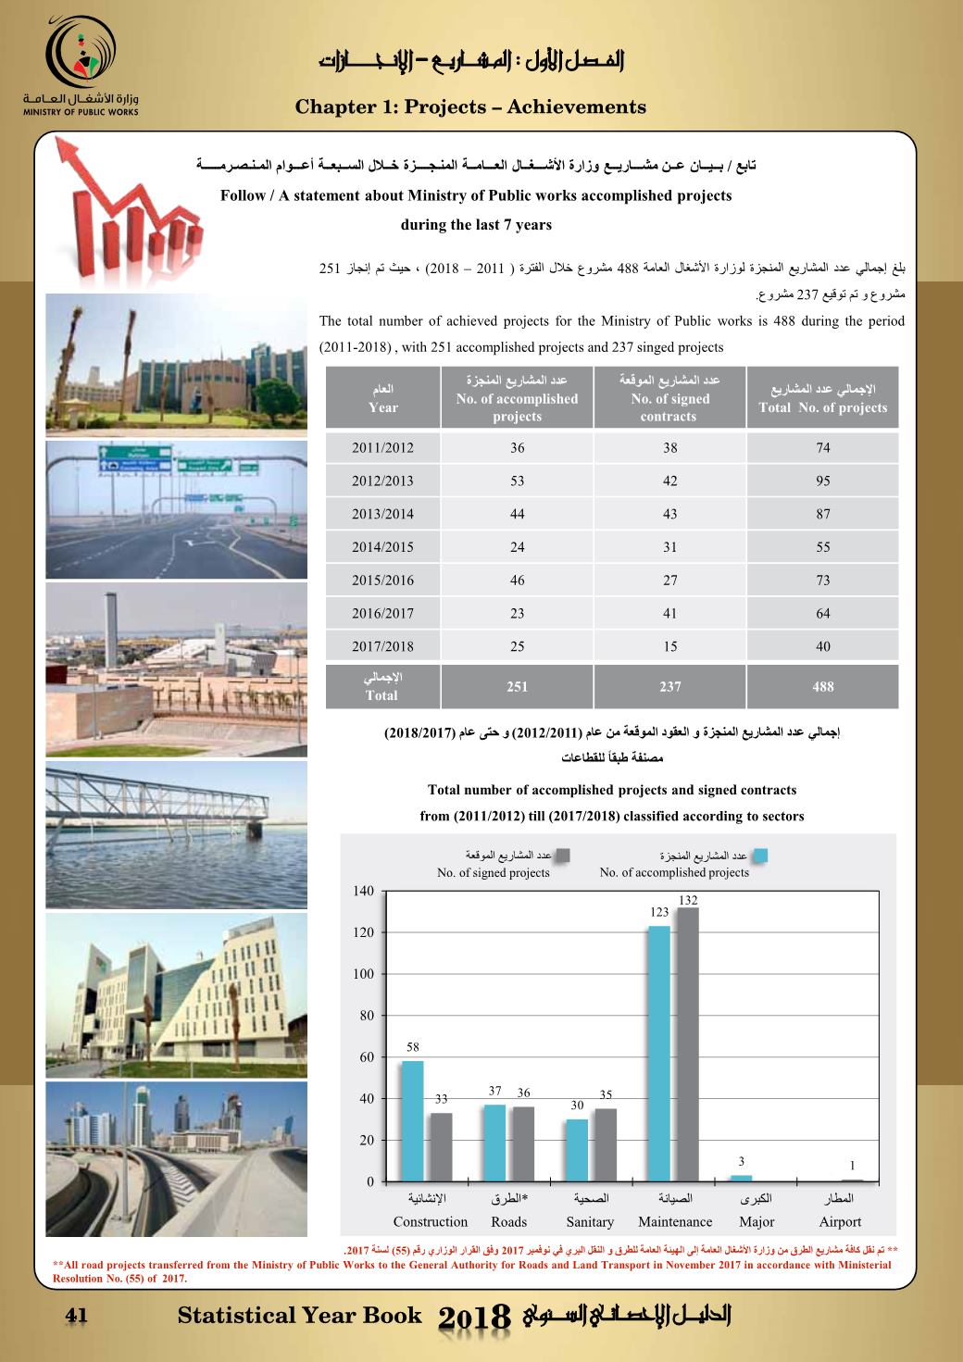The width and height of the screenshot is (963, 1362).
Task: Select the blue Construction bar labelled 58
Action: (x=412, y=1120)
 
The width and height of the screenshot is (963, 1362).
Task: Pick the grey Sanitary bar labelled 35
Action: (x=606, y=1144)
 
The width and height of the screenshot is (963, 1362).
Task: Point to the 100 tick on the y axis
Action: (x=364, y=974)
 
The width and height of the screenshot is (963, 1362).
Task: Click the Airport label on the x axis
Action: (x=840, y=1222)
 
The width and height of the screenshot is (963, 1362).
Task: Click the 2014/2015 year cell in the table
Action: (x=382, y=547)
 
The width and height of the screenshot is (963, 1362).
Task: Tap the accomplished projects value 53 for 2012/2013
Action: (x=517, y=481)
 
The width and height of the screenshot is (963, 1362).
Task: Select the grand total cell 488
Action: (x=822, y=687)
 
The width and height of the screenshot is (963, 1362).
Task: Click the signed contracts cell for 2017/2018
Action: (x=669, y=646)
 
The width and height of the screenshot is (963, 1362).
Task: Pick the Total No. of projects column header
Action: (x=822, y=399)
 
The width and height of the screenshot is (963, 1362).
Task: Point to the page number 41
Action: (x=75, y=1316)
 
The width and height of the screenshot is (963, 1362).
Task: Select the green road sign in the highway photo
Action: (x=135, y=459)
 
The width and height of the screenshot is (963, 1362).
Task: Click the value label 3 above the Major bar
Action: (x=741, y=1162)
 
